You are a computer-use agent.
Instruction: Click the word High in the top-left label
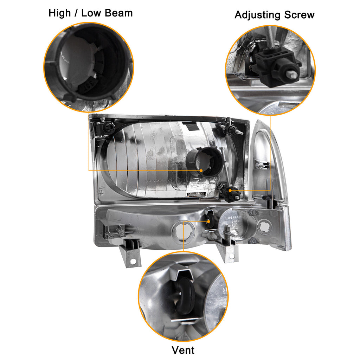(60, 13)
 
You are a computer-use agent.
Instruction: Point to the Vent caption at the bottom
(183, 350)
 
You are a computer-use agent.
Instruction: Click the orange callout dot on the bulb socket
(201, 171)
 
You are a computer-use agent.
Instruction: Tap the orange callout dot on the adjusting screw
(230, 190)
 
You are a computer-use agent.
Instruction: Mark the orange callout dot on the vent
(208, 222)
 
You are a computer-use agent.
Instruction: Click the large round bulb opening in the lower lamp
(183, 231)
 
